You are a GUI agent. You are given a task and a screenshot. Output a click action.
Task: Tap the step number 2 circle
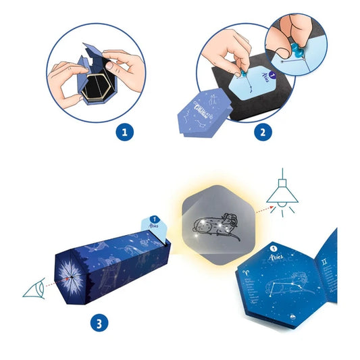coord(259,132)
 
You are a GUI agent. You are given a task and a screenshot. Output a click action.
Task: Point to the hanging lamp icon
coord(282,192)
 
